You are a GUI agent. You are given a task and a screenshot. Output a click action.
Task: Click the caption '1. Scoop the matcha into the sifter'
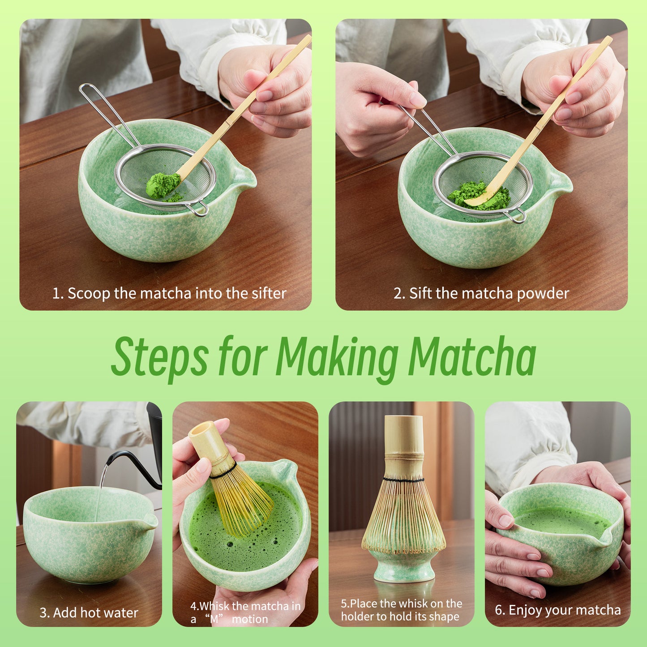click(169, 293)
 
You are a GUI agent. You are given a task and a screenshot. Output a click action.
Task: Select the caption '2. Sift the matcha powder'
click(481, 293)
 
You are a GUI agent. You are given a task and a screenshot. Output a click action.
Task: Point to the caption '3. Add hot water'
click(89, 613)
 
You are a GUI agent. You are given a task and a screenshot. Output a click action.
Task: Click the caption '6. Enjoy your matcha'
click(557, 610)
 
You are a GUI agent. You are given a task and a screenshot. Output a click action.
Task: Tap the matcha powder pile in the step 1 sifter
click(162, 185)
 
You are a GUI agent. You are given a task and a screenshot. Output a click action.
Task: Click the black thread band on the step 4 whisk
click(223, 470)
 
